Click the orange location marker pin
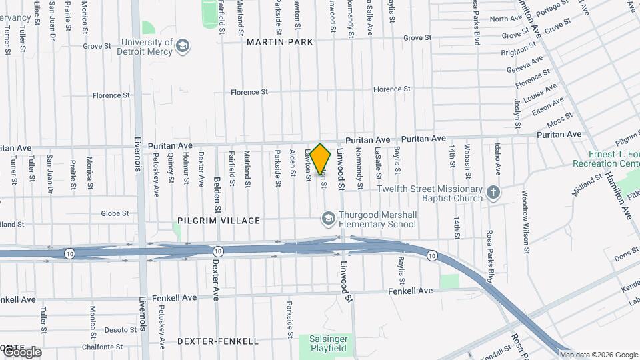pos(321,159)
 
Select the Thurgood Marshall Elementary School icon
pos(328,219)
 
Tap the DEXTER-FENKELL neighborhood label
pos(218,341)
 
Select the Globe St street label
pos(115,213)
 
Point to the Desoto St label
pos(120,329)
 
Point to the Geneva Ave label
pos(525,65)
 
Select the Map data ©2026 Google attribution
pos(599,355)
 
